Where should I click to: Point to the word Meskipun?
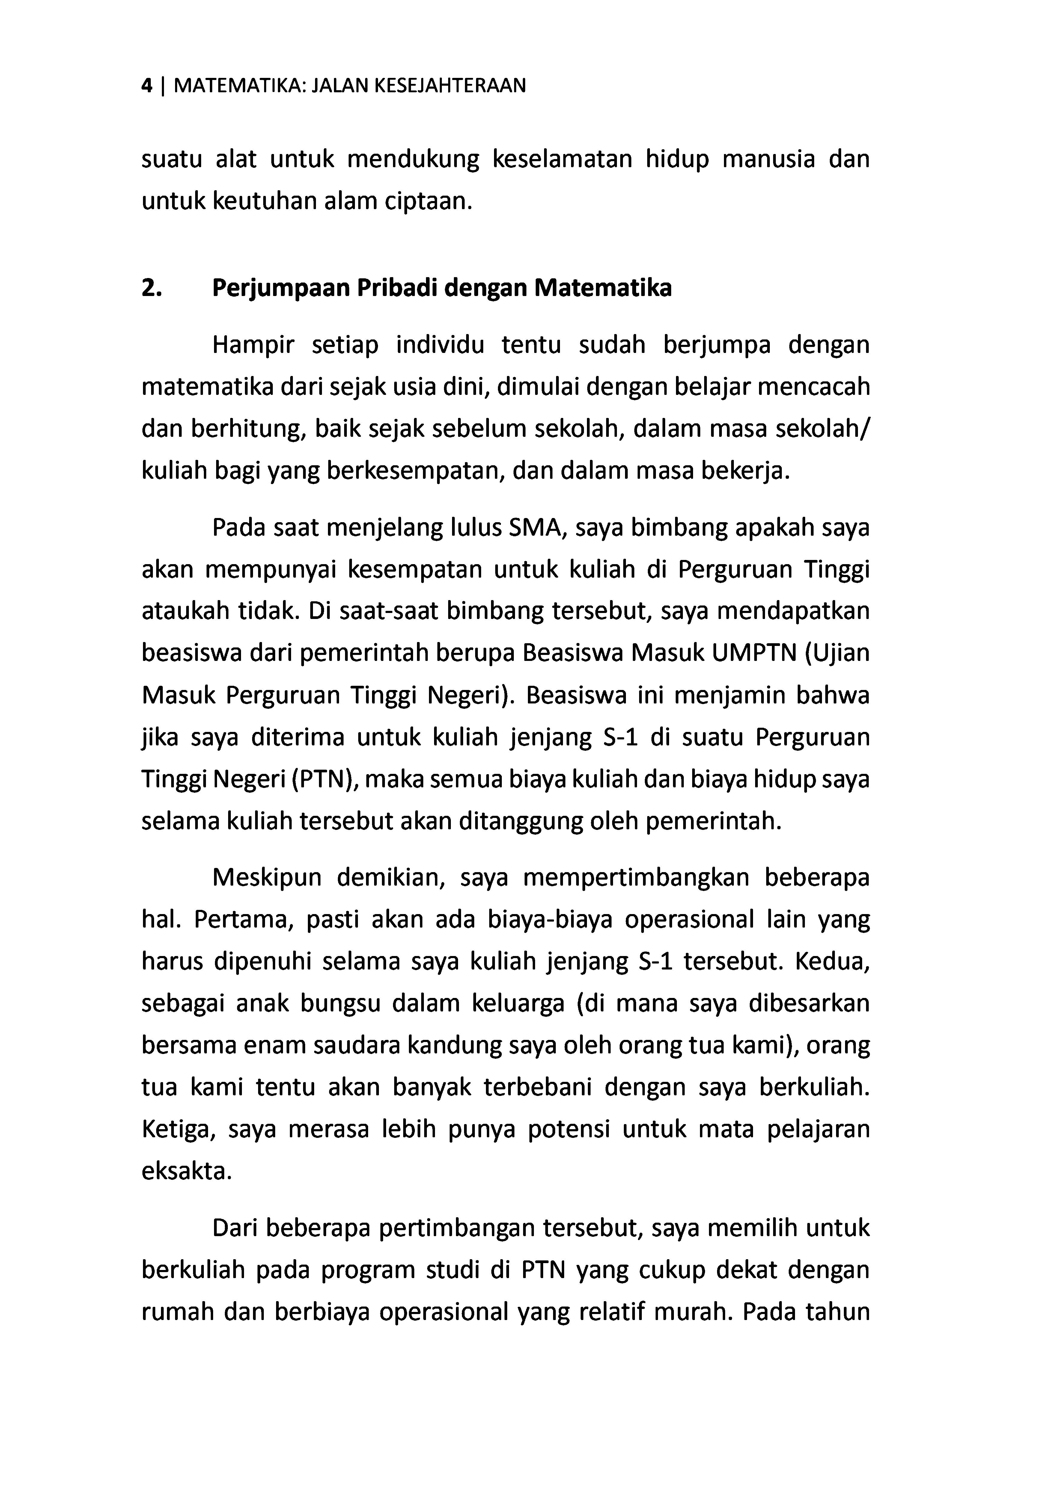[x=267, y=878]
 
